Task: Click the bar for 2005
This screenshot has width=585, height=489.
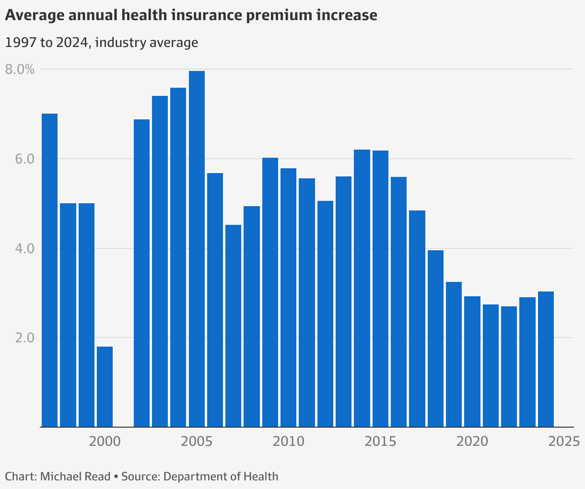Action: pos(197,249)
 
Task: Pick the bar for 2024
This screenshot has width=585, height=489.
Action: pos(546,359)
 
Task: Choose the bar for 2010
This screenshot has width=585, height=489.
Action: pos(288,297)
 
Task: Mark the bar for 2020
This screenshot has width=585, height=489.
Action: pos(472,361)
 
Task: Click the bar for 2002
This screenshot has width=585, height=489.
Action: pos(141,273)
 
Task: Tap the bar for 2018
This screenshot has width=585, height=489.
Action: pos(435,338)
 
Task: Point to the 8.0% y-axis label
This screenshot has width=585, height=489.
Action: pos(20,70)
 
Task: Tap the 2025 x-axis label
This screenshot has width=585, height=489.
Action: pos(564,441)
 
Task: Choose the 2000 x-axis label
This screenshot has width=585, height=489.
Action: pos(105,441)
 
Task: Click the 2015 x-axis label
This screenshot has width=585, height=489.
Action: pos(380,441)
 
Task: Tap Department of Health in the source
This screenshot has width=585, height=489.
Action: pos(221,477)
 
